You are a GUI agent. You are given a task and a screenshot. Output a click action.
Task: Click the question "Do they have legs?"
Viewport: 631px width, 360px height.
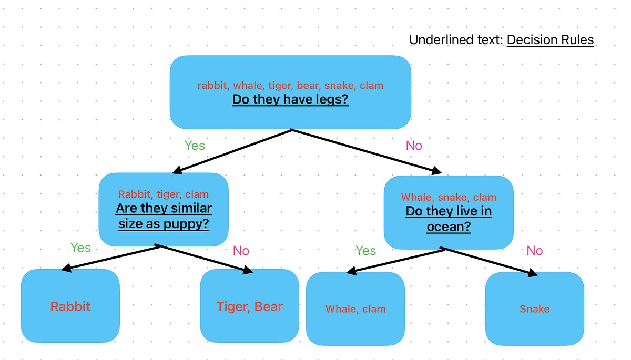(x=290, y=99)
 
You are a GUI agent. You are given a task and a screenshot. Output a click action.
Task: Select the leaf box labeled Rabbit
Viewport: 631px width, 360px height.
(x=70, y=306)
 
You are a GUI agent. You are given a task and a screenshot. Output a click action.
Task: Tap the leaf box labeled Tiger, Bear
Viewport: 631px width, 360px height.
(x=249, y=306)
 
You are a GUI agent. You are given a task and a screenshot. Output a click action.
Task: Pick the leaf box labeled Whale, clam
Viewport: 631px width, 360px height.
(x=355, y=309)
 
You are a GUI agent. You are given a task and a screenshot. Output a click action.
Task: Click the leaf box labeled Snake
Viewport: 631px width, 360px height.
(x=534, y=309)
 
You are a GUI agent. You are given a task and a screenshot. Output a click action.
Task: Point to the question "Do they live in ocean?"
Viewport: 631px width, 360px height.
(x=449, y=219)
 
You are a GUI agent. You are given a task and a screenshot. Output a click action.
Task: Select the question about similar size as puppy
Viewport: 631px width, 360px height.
(x=164, y=217)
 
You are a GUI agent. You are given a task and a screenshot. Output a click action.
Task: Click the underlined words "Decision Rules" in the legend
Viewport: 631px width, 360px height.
(x=550, y=40)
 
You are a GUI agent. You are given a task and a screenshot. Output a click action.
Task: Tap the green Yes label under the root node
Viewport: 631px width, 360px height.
(x=195, y=146)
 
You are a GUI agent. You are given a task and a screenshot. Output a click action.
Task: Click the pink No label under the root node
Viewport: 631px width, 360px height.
(x=414, y=146)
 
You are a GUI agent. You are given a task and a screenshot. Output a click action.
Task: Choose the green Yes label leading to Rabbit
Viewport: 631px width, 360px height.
(x=80, y=248)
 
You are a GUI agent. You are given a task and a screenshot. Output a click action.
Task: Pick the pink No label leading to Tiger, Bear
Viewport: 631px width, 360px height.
(x=241, y=251)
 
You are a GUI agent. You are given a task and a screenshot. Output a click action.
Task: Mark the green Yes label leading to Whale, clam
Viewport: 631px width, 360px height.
(x=365, y=251)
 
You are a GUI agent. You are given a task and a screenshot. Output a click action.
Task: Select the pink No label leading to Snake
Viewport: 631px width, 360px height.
(x=534, y=251)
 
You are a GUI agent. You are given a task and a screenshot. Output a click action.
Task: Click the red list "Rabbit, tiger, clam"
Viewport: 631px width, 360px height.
(x=164, y=194)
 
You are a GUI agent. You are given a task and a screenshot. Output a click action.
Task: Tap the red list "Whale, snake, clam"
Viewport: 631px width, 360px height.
(x=449, y=197)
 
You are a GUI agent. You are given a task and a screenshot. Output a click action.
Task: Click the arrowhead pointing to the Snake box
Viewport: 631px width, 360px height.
(x=533, y=274)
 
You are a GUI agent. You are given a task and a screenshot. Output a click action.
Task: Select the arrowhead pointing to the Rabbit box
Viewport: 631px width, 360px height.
(x=66, y=269)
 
